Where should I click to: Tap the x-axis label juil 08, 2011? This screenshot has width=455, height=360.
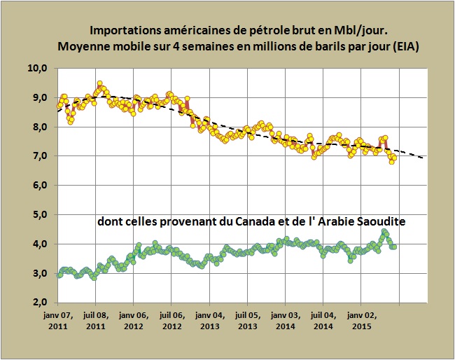pos(95,321)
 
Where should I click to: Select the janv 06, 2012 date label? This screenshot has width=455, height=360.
pos(133,321)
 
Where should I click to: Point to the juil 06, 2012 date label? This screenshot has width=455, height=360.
pos(171,321)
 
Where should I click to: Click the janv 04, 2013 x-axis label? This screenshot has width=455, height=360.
pos(209,321)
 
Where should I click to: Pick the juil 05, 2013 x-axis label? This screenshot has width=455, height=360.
pos(246,321)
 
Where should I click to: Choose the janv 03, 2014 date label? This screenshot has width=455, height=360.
pos(285,321)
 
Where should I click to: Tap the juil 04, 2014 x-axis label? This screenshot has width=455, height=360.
pos(323,321)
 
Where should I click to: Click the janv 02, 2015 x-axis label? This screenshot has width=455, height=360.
pos(360,321)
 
